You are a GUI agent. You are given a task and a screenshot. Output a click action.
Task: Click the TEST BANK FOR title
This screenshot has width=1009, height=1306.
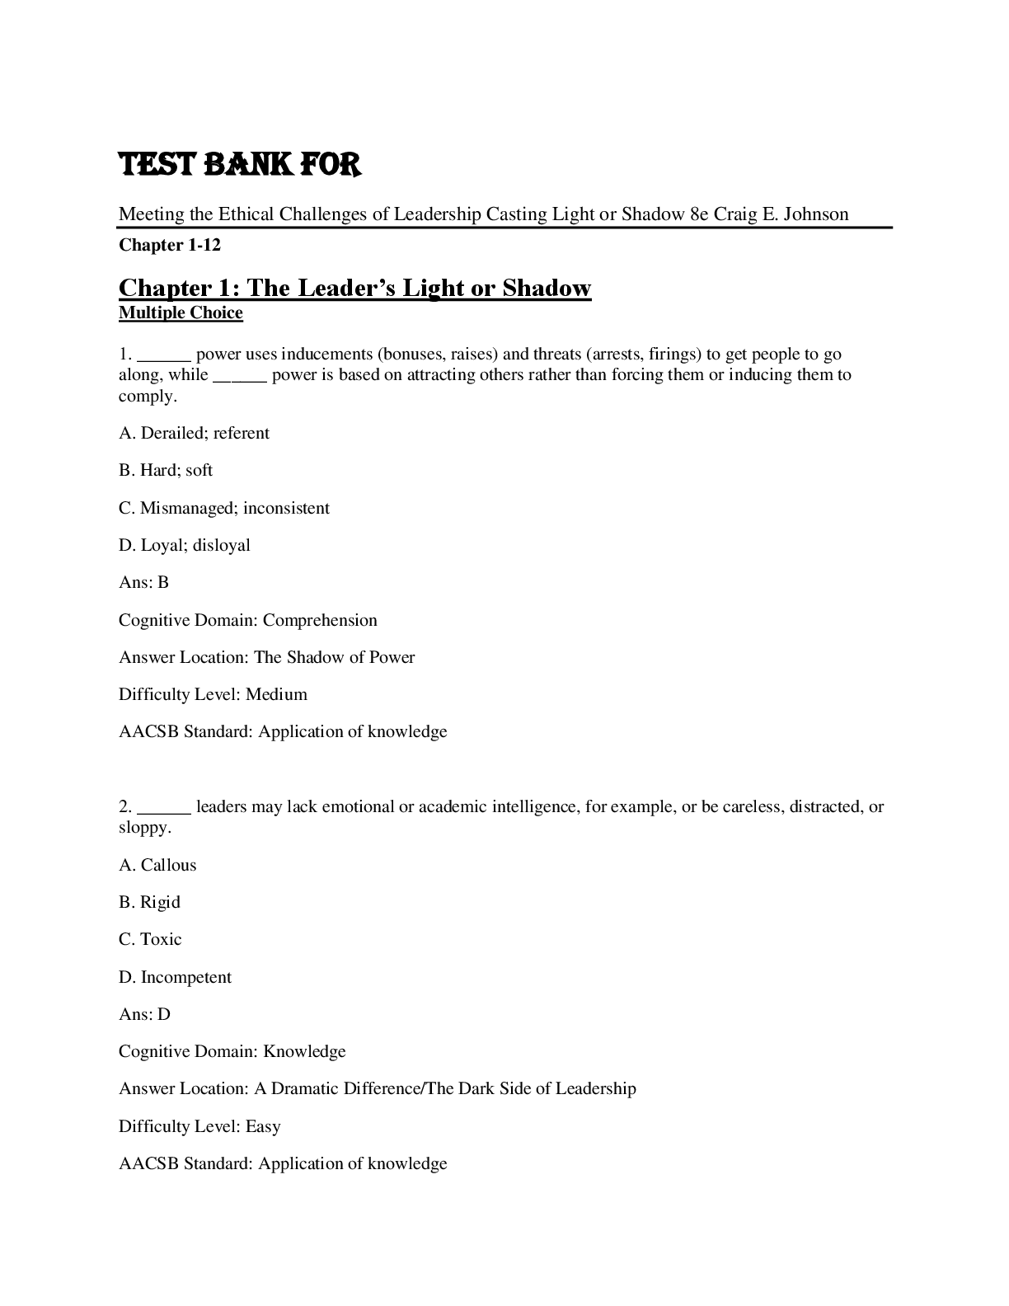[240, 165]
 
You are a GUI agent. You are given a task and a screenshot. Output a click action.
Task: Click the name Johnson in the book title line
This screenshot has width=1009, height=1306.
[816, 214]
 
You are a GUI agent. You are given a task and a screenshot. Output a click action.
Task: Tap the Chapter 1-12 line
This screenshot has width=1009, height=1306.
[170, 245]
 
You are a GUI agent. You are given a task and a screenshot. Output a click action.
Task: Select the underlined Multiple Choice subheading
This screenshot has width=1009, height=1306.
[181, 312]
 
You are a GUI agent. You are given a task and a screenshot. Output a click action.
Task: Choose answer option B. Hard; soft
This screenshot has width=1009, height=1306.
[166, 470]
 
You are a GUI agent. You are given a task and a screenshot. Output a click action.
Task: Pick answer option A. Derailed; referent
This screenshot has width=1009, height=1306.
[194, 433]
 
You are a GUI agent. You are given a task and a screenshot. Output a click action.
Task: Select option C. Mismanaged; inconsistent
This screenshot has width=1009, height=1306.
[223, 508]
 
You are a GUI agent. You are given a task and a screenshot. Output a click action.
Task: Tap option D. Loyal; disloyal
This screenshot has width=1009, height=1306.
[184, 545]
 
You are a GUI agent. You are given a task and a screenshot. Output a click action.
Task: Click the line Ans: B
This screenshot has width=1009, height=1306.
[143, 582]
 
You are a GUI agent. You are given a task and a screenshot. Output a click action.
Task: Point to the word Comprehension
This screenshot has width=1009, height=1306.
[320, 620]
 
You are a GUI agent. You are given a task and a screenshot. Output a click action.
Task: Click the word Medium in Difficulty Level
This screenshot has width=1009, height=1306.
[276, 694]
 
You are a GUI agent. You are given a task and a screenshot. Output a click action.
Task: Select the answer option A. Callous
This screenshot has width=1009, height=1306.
[157, 865]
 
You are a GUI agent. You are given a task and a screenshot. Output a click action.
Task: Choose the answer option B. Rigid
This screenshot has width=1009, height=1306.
[149, 902]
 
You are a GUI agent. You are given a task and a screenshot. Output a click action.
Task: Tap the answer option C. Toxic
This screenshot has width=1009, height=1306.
[150, 939]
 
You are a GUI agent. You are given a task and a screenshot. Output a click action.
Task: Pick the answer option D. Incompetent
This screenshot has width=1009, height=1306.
[175, 977]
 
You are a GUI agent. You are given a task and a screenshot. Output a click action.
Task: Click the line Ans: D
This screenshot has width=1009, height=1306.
[144, 1014]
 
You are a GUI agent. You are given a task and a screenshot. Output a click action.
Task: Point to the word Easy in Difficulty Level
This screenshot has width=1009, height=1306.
[263, 1126]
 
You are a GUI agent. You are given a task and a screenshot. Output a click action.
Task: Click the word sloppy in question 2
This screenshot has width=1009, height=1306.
[143, 828]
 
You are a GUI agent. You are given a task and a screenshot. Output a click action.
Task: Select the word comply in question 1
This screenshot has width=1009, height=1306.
[146, 396]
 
